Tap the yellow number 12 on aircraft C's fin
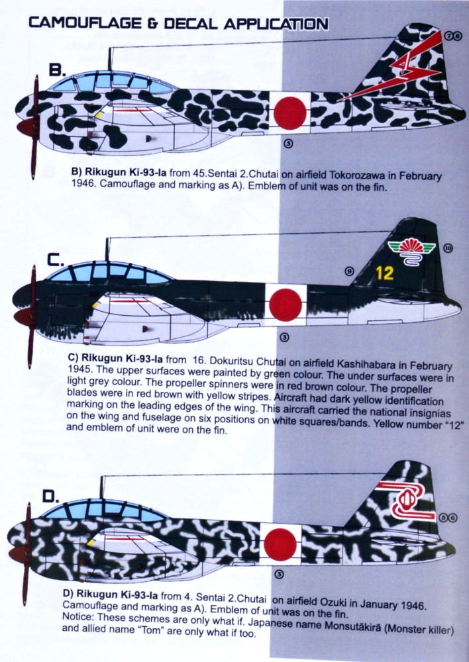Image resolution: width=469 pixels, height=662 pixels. tap(384, 273)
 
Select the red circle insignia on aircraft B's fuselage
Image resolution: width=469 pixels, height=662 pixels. tap(290, 113)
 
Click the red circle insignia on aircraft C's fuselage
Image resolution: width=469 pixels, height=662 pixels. tap(286, 305)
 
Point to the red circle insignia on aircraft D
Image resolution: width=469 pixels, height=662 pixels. tap(280, 545)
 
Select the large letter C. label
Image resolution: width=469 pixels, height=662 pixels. tap(56, 260)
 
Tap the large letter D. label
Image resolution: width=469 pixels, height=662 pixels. tap(51, 496)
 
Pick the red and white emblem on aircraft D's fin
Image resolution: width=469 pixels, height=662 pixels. tap(405, 501)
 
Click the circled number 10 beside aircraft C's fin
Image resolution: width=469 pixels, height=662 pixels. tap(448, 248)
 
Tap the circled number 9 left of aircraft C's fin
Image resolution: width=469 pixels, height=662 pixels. tap(349, 271)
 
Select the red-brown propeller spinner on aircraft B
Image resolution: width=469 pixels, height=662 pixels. tap(26, 126)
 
